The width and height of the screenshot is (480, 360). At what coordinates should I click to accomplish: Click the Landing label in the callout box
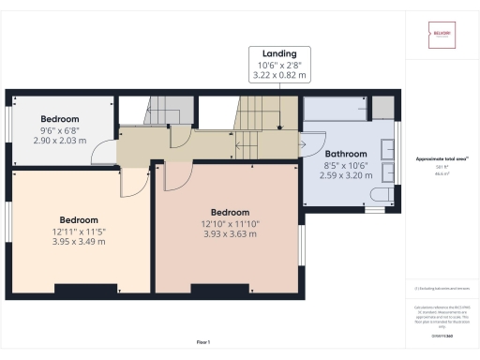click(280, 53)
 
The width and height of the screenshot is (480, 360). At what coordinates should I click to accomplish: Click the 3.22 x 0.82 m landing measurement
click(280, 75)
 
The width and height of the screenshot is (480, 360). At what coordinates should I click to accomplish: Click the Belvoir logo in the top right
click(441, 37)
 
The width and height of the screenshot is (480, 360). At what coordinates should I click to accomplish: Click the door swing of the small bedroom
click(109, 149)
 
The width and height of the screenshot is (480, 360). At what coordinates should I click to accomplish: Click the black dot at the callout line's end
click(280, 128)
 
